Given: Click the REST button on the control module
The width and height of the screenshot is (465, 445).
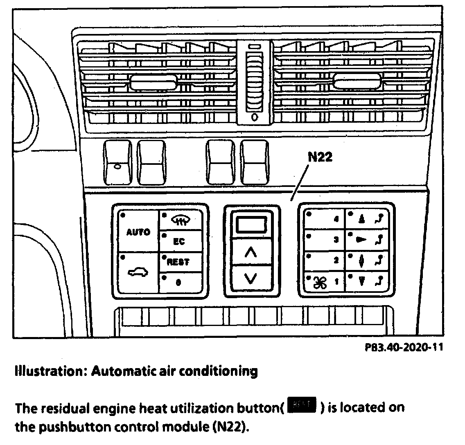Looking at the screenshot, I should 180,262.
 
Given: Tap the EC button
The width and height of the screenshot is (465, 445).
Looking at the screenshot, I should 180,241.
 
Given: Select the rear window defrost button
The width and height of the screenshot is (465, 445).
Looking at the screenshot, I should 180,220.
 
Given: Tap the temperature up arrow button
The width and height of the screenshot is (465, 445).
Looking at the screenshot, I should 252,253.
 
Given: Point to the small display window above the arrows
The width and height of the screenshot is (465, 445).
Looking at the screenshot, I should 252,225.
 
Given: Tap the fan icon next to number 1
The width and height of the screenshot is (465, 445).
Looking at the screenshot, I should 318,282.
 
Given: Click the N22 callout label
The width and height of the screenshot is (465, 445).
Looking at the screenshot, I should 319,157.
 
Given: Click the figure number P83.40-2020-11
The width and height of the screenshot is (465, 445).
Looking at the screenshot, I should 404,348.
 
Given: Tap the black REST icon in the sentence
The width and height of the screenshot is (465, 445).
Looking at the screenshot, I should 303,406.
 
